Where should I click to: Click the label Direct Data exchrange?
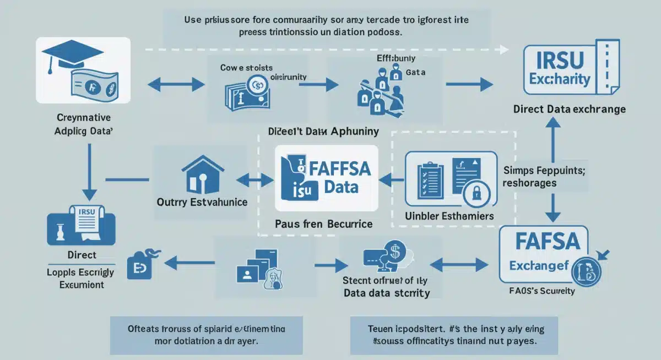tap(570, 109)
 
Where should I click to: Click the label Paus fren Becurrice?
tap(323, 223)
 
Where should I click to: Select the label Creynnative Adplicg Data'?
tap(83, 124)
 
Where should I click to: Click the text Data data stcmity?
tap(386, 293)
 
